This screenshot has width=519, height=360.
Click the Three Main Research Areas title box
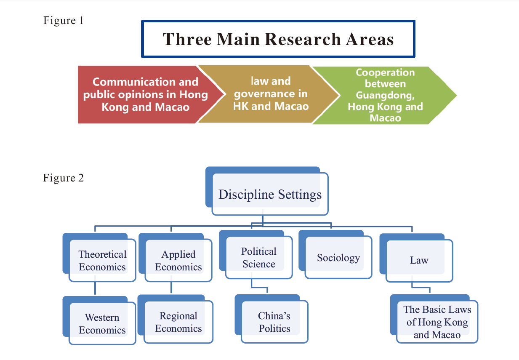pos(278,39)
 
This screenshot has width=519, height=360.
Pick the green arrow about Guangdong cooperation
pos(385,95)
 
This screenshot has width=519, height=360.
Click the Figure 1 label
pos(63,20)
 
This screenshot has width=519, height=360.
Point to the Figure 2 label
pos(63,178)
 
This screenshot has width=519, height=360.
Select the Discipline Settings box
pos(267,191)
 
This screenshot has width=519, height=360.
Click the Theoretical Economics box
pos(99,257)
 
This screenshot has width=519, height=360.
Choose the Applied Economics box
pos(176,257)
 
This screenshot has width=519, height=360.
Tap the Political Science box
pos(256,255)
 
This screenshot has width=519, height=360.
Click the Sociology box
pos(335,255)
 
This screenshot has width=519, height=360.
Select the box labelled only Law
pos(416,258)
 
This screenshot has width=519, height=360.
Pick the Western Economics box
pos(99,320)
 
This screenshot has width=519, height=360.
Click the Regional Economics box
pos(176,319)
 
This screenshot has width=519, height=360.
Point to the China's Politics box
pos(271,319)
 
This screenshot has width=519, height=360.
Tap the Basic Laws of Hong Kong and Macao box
pos(434,319)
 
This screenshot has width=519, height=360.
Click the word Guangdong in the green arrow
pos(385,95)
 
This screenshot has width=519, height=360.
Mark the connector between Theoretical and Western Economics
pos(95,288)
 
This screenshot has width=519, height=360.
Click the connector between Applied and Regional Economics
pos(171,288)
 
